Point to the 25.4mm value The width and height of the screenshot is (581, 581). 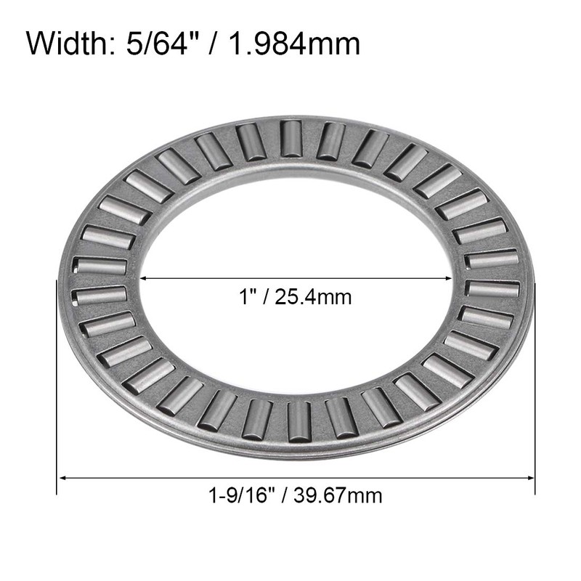[309, 297]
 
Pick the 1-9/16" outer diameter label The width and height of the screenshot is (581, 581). [237, 497]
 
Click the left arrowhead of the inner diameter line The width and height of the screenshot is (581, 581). [143, 278]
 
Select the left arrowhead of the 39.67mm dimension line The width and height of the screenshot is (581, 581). [62, 478]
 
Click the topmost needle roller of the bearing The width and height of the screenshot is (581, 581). [291, 138]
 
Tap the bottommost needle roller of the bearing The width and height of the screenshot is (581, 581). [298, 421]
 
